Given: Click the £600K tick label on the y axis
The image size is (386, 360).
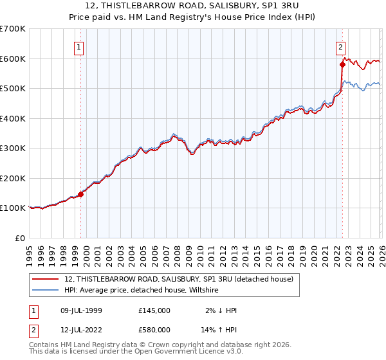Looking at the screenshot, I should (x=13, y=59).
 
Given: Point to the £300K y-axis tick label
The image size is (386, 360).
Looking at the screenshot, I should (x=13, y=148).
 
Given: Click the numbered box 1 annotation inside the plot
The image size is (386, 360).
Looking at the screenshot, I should (x=78, y=46).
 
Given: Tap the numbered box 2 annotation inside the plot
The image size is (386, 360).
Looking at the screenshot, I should (x=340, y=46).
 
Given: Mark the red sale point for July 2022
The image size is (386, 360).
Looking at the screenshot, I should (x=342, y=64).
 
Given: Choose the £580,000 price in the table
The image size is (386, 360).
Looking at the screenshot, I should (x=154, y=330).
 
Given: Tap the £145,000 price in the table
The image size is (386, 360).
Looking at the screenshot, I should (x=154, y=310).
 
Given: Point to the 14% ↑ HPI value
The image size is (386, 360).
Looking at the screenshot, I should (x=220, y=330).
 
